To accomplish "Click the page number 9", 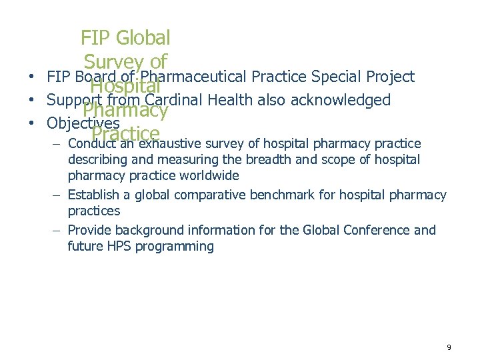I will click(449, 347).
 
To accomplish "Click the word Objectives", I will click(83, 123).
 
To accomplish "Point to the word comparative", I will click(214, 195).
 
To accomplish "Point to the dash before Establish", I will click(58, 195).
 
